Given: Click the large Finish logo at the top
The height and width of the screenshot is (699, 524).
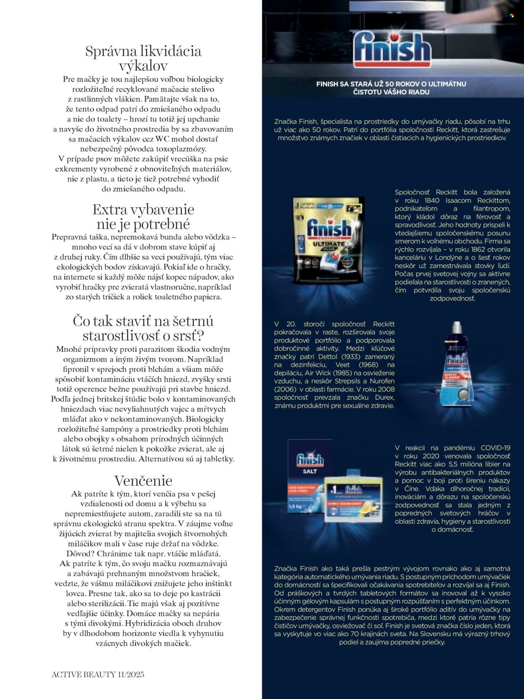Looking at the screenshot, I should [392, 49].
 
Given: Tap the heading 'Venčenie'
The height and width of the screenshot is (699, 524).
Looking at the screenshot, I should [143, 481].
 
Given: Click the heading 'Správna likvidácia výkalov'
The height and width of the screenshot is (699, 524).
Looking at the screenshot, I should [143, 58].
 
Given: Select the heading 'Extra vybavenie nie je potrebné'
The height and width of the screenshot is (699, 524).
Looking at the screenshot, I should [143, 216].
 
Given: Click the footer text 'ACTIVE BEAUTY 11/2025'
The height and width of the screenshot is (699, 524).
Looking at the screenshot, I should [98, 675].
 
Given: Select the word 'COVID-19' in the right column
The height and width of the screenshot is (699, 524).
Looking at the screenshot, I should [495, 448].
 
